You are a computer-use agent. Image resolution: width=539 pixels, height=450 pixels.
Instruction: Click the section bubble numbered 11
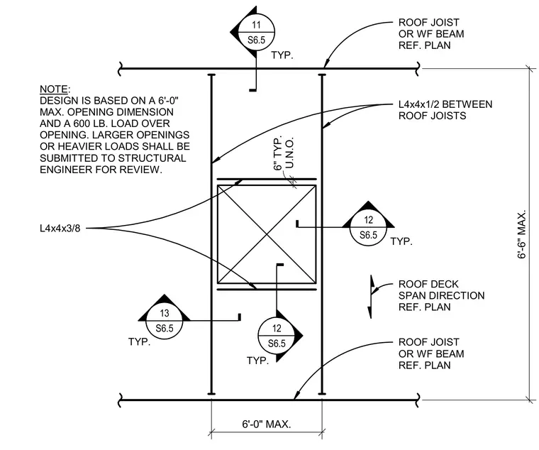256,32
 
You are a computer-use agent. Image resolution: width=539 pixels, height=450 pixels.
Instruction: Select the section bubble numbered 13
165,321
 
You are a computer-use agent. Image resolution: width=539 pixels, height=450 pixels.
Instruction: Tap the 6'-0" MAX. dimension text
267,424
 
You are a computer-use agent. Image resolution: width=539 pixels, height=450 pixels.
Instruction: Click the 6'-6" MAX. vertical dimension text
522,234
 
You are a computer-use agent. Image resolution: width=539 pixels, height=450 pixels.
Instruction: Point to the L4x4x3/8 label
60,229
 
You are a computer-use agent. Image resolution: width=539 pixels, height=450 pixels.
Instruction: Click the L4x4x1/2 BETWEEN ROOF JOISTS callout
445,110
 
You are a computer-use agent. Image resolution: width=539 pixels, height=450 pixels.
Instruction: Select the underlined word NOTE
54,89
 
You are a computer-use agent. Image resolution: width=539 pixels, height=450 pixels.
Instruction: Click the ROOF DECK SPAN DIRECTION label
441,295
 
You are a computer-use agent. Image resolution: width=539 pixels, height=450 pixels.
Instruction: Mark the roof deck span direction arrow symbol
371,297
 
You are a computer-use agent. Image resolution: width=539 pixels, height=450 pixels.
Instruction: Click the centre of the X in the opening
267,234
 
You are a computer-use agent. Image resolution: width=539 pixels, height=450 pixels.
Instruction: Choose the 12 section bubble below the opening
277,336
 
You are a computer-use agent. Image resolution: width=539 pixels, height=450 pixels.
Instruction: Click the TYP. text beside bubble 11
282,55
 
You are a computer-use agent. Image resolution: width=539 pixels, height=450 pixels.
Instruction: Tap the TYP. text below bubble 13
139,342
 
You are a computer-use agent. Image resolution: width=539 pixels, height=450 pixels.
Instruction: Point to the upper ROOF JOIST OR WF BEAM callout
431,34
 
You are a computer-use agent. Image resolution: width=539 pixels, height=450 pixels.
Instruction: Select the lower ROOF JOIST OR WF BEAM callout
431,353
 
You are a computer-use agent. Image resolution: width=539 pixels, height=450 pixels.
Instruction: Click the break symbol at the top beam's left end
121,68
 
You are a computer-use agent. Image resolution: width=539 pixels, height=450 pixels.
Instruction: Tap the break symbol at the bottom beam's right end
418,400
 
